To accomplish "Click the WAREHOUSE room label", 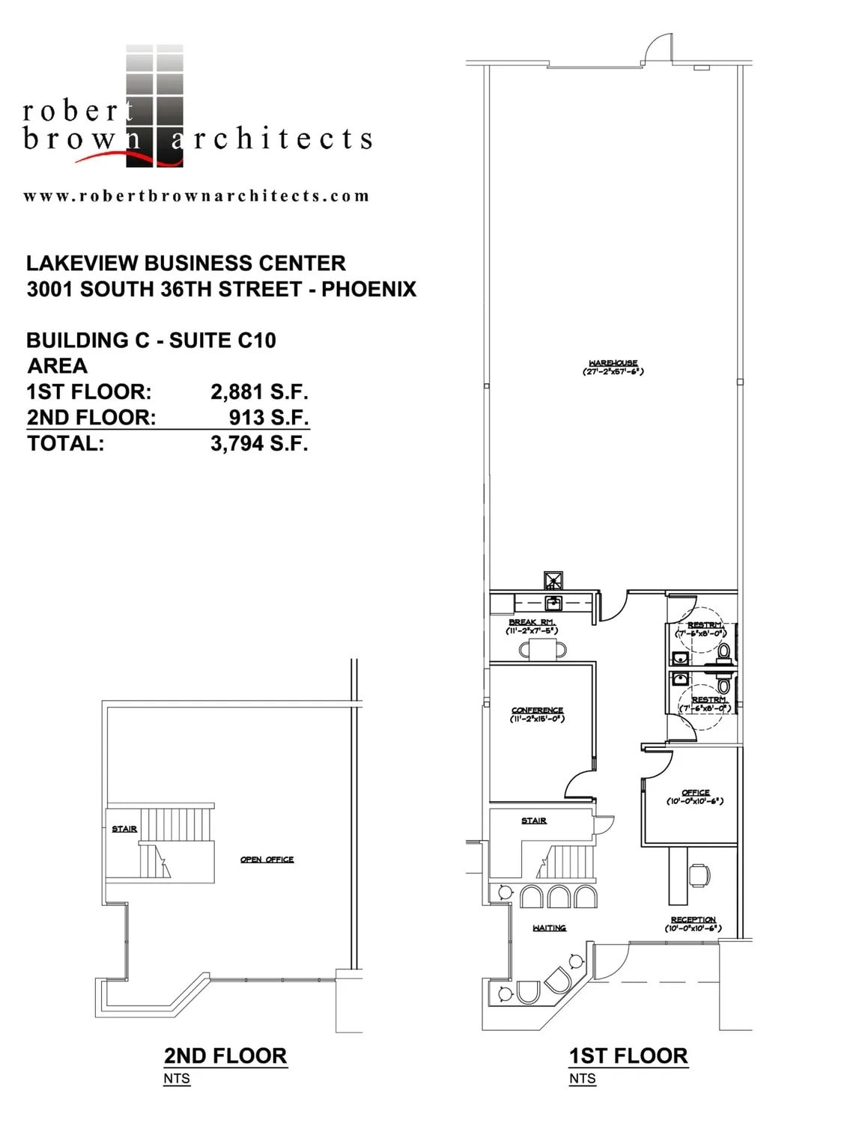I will pyautogui.click(x=613, y=363).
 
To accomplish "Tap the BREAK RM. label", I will pyautogui.click(x=532, y=622).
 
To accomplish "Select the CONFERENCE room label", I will pyautogui.click(x=537, y=710).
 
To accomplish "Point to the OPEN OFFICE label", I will pyautogui.click(x=267, y=859).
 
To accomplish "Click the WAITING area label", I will pyautogui.click(x=549, y=928).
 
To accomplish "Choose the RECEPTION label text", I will pyautogui.click(x=693, y=920).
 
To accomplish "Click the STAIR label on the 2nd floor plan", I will pyautogui.click(x=124, y=829).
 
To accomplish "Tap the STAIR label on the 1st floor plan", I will pyautogui.click(x=534, y=821).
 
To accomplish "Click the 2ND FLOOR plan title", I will pyautogui.click(x=225, y=1056).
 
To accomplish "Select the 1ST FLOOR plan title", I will pyautogui.click(x=628, y=1056).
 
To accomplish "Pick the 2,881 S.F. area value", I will pyautogui.click(x=259, y=392).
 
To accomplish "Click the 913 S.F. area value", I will pyautogui.click(x=269, y=417).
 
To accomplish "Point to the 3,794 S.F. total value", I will pyautogui.click(x=259, y=443).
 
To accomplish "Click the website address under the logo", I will pyautogui.click(x=196, y=196).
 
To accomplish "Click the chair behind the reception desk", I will pyautogui.click(x=699, y=874).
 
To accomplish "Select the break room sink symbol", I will pyautogui.click(x=553, y=602).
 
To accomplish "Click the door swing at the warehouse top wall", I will pyautogui.click(x=656, y=48).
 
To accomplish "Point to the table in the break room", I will pyautogui.click(x=542, y=648).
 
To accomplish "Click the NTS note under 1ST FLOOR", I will pyautogui.click(x=582, y=1079).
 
